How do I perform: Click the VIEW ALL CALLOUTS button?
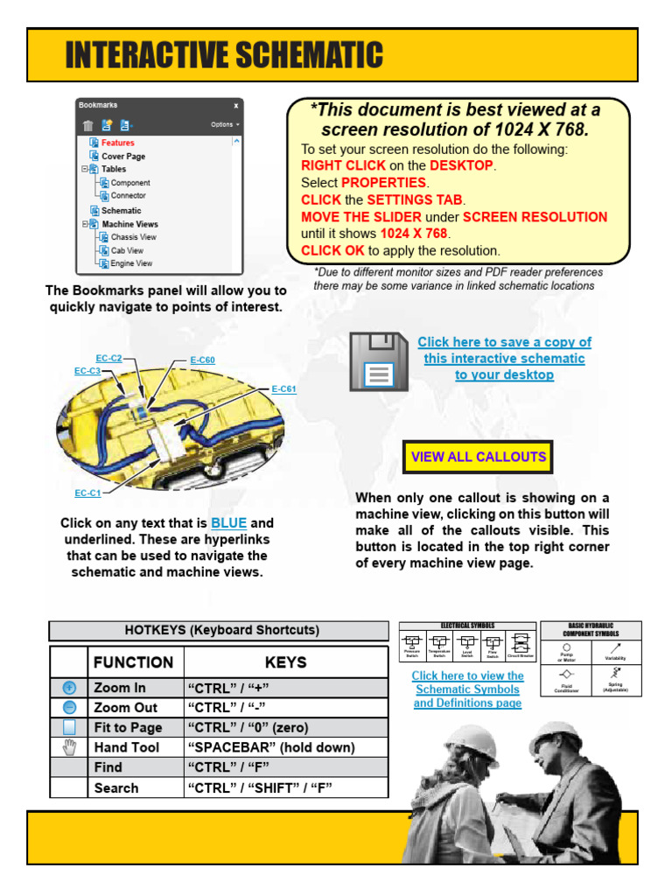478,457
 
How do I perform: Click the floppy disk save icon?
378,361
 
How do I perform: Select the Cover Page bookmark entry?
122,157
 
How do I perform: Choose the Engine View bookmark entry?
130,263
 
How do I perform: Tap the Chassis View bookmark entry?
133,237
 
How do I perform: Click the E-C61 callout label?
283,389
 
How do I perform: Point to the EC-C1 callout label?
87,493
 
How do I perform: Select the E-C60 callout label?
202,360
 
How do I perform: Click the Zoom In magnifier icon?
69,688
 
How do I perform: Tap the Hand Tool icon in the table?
69,747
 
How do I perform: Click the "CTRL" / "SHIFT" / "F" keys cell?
259,787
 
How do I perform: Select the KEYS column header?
285,662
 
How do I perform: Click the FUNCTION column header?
134,662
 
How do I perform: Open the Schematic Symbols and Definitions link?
467,689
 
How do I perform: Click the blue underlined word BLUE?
229,523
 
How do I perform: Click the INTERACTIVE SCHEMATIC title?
224,55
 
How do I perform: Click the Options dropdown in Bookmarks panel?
225,124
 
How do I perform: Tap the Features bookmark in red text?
117,143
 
